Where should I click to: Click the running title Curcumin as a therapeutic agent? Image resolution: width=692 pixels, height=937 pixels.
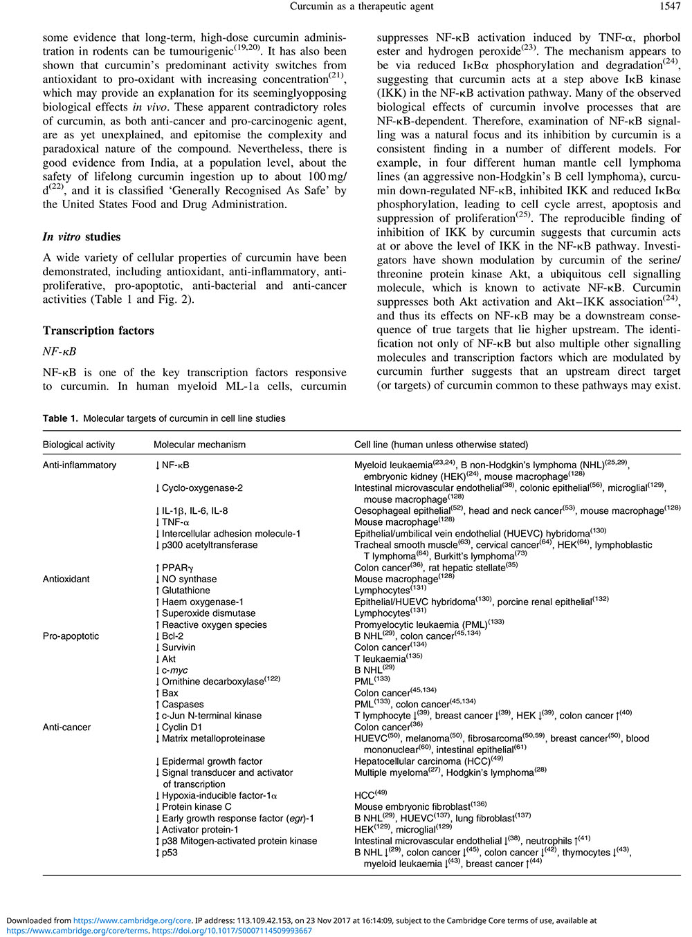(x=362, y=6)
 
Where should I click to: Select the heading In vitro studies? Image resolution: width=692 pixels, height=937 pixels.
(x=82, y=236)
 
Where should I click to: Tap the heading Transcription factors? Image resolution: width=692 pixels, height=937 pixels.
(x=98, y=331)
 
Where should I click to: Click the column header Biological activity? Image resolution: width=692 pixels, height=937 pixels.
(x=79, y=445)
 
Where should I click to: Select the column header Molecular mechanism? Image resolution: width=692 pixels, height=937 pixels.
(x=199, y=445)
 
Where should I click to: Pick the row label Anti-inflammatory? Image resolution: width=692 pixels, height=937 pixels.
(x=80, y=465)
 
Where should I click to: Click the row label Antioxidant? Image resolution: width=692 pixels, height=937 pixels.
(x=66, y=579)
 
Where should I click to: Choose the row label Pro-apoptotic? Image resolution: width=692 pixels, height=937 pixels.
(x=71, y=636)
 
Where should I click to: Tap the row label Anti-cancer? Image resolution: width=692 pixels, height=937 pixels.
(x=67, y=727)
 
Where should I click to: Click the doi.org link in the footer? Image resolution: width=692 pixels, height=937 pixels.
(x=232, y=931)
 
